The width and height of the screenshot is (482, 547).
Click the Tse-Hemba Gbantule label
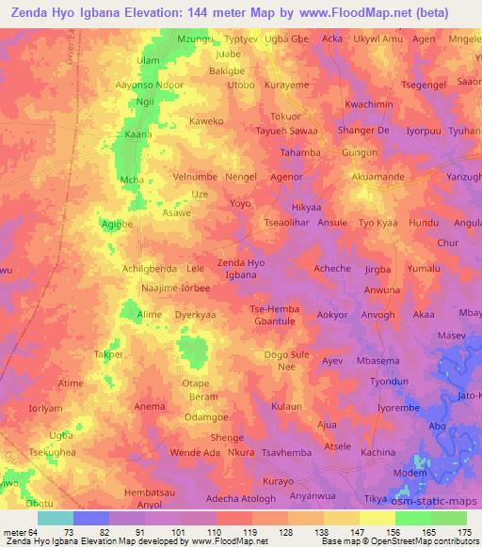tap(272, 316)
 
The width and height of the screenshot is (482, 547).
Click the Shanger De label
tap(363, 130)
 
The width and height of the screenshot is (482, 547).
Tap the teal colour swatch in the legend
tap(56, 518)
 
